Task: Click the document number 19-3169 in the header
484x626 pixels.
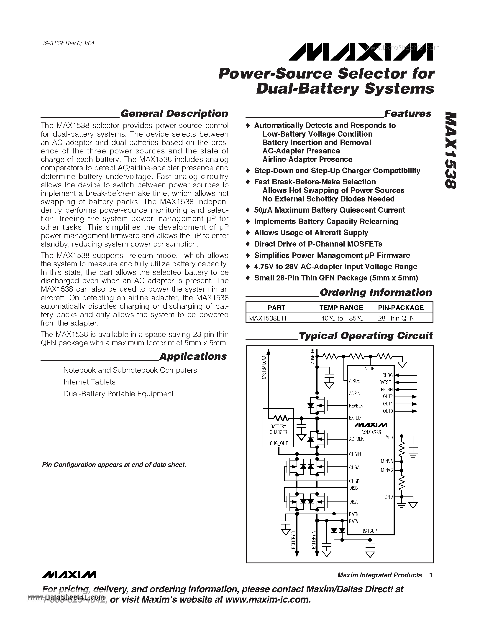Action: click(x=52, y=43)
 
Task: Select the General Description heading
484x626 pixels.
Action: click(x=174, y=114)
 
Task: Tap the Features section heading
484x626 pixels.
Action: click(x=407, y=114)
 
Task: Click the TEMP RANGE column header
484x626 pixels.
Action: click(x=341, y=308)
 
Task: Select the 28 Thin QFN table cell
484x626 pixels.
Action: click(x=396, y=318)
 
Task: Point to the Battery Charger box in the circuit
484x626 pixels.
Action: click(x=278, y=429)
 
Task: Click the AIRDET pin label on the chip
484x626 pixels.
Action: click(x=355, y=381)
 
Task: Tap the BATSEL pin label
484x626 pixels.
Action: click(x=386, y=382)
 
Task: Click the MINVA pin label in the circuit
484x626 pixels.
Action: click(x=387, y=461)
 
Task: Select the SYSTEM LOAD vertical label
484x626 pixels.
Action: click(x=264, y=367)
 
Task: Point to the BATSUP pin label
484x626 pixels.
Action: click(x=370, y=531)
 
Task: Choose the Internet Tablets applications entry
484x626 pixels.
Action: click(x=90, y=382)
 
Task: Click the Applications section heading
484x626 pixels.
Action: click(x=193, y=356)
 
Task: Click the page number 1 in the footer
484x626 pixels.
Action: click(x=431, y=575)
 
